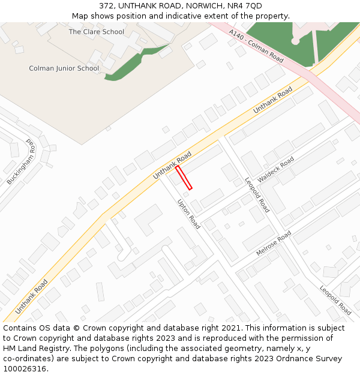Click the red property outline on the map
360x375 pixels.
pyautogui.click(x=184, y=178)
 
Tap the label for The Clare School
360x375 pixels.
pyautogui.click(x=96, y=31)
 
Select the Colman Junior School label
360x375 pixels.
pyautogui.click(x=64, y=68)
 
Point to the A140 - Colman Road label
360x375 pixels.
pyautogui.click(x=257, y=46)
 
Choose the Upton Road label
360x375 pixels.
pyautogui.click(x=188, y=214)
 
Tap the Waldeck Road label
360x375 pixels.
pyautogui.click(x=276, y=170)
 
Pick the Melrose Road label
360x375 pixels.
pyautogui.click(x=274, y=243)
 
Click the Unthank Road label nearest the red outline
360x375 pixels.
pyautogui.click(x=172, y=165)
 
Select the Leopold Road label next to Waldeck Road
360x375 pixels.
pyautogui.click(x=257, y=194)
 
